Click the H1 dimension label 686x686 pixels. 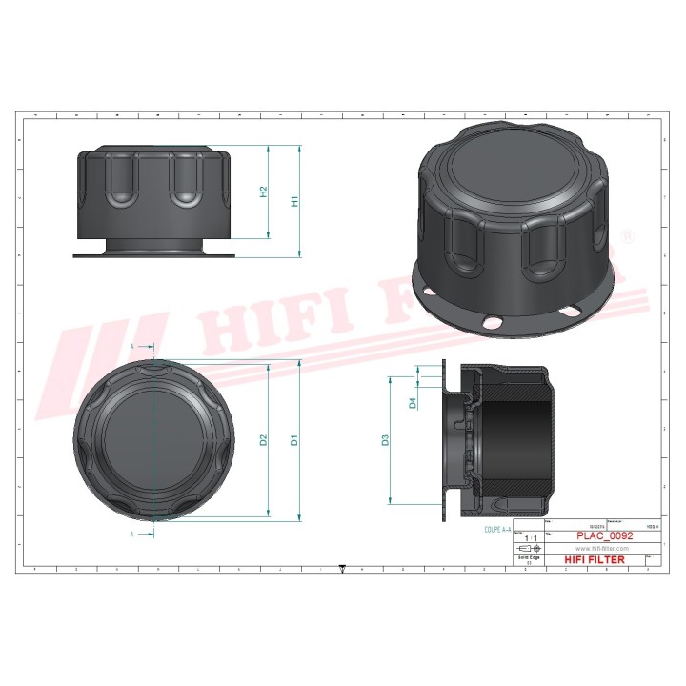(x=295, y=201)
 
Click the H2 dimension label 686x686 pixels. (x=264, y=192)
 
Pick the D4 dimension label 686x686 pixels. (x=412, y=402)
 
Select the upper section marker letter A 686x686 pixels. (x=133, y=348)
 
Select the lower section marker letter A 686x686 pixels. (x=133, y=535)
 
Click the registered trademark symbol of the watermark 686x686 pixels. (x=626, y=233)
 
